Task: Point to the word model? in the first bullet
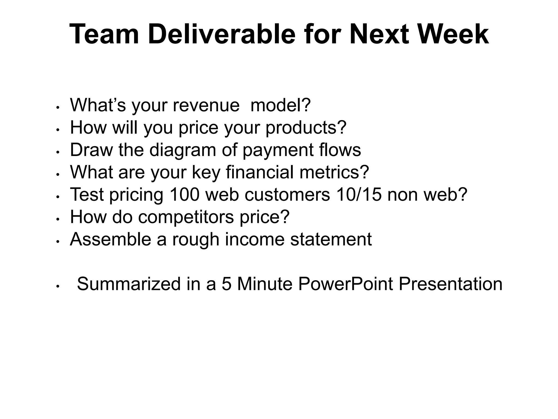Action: (280, 105)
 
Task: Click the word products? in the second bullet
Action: (306, 127)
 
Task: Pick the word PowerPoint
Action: (345, 284)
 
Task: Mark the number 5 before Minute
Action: (226, 284)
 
